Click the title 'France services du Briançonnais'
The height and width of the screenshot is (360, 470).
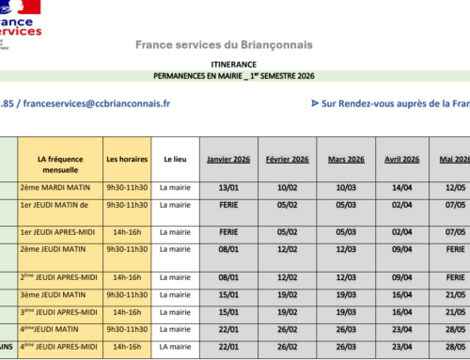pyautogui.click(x=225, y=44)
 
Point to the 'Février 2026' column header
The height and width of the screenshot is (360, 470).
pyautogui.click(x=289, y=159)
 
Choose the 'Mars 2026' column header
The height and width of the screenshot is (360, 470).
pyautogui.click(x=347, y=159)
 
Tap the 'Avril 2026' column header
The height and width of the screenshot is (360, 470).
pyautogui.click(x=402, y=159)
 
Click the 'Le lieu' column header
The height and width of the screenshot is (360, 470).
pyautogui.click(x=174, y=159)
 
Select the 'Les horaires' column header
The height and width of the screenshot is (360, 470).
pyautogui.click(x=125, y=159)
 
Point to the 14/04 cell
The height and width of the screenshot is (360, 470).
pyautogui.click(x=402, y=186)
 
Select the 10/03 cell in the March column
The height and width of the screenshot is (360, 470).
pyautogui.click(x=347, y=186)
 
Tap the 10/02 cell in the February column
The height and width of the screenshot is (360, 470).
pyautogui.click(x=289, y=186)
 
